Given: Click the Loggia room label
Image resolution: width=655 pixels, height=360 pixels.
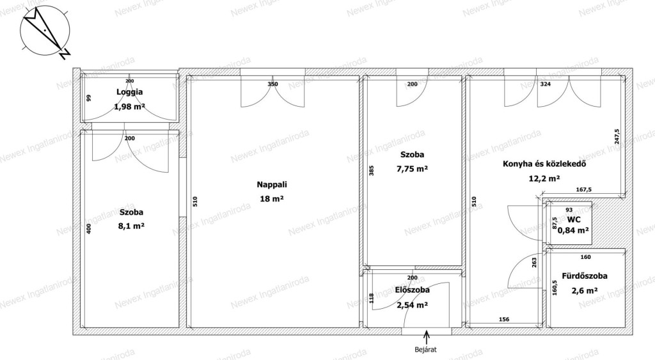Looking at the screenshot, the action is tap(129, 92).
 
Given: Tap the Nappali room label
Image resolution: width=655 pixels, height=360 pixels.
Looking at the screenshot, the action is tap(272, 184).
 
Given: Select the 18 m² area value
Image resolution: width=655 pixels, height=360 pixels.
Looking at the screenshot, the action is tap(272, 199).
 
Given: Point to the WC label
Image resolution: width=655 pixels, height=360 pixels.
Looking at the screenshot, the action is tap(574, 220).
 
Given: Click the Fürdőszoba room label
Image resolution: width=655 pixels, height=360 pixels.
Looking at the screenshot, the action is tap(585, 276).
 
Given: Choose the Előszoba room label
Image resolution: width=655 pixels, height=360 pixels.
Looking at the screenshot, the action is tap(413, 290).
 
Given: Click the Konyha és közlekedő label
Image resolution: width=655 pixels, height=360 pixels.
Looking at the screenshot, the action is tap(544, 164).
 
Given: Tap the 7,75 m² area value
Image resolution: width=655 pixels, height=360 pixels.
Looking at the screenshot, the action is tap(413, 169).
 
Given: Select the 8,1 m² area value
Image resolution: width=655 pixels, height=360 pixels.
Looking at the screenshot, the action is tap(132, 226).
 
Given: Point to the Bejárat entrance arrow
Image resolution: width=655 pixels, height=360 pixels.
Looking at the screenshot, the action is tap(427, 337).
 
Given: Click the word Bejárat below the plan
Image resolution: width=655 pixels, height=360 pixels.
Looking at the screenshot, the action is tap(425, 350).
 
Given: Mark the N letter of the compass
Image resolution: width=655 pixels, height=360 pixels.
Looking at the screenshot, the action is tap(65, 54).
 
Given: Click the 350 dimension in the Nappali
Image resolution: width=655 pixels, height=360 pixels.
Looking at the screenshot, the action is tap(272, 84).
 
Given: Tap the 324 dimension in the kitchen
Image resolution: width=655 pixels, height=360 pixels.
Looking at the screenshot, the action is tap(546, 84).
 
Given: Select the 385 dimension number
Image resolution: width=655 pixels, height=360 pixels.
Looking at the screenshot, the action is tap(372, 170).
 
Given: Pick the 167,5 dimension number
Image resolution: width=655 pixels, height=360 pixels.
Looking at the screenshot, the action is tap(583, 190).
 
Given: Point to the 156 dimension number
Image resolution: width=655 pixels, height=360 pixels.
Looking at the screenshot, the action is tap(504, 320).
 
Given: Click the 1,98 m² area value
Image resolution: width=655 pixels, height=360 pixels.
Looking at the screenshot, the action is tap(129, 107).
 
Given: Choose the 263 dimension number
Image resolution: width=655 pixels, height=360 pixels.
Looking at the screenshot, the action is tap(534, 262).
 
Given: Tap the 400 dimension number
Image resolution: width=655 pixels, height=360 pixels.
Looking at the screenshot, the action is tap(88, 228).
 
